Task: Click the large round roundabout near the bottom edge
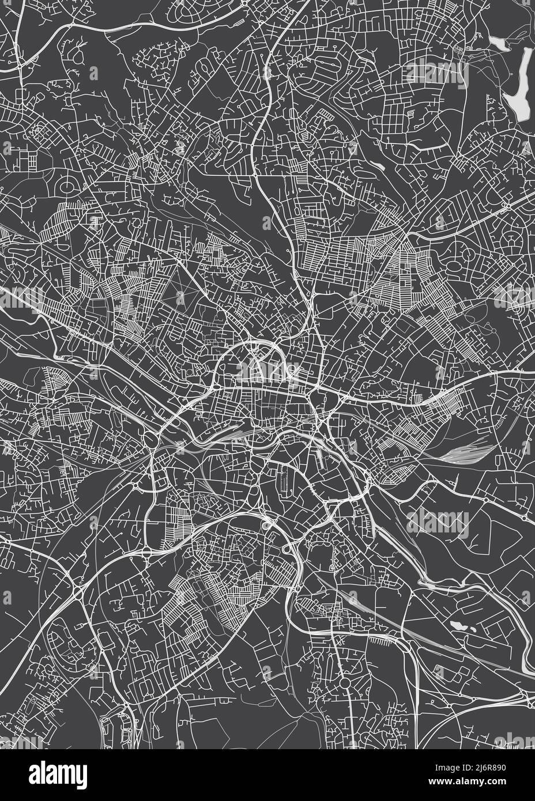coord(345,683)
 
